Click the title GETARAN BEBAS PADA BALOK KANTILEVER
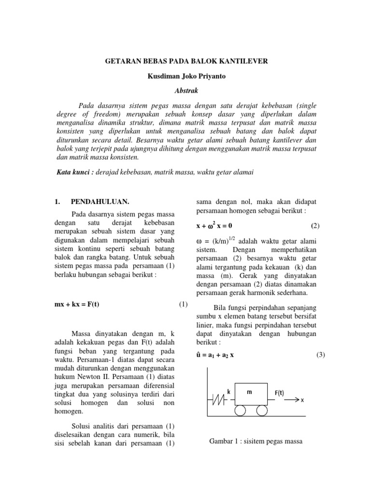click(x=186, y=61)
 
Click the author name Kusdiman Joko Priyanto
click(x=185, y=76)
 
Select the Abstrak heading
click(x=185, y=90)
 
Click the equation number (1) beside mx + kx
click(x=183, y=304)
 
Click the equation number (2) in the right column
click(x=315, y=226)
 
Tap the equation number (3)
click(x=321, y=354)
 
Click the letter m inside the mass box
click(x=250, y=393)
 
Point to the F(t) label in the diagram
click(x=279, y=393)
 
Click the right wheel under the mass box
click(x=262, y=411)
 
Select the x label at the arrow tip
click(x=302, y=400)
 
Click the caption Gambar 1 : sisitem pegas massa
click(x=256, y=441)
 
